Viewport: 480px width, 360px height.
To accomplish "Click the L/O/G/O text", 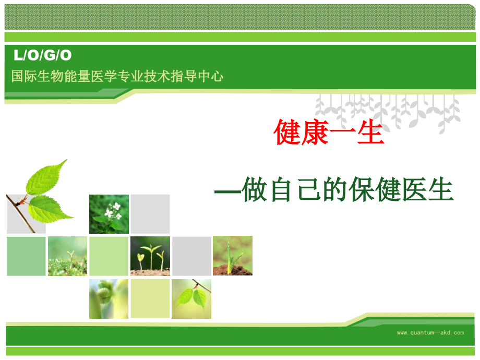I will pos(42,55).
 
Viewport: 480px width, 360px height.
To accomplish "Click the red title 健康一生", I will pos(329,132).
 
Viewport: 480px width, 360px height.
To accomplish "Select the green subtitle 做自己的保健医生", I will pos(334,190).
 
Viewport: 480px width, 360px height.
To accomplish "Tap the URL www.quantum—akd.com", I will pos(430,332).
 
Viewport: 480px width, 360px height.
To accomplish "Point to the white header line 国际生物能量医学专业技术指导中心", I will pos(117,76).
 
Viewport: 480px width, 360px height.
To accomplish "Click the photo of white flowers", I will pos(109,214).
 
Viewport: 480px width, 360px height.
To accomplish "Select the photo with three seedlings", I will pos(150,256).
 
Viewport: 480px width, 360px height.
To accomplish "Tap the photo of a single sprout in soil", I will pos(233,256).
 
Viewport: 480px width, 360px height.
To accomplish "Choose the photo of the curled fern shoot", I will pos(109,298).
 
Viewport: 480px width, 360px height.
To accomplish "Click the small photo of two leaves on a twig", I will pos(191,298).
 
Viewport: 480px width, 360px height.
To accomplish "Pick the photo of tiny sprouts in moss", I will pos(67,256).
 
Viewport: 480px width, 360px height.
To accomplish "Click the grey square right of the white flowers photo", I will pos(150,214).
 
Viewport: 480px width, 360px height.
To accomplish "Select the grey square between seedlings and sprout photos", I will pos(191,256).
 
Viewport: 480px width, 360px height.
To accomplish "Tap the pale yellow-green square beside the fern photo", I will pos(150,298).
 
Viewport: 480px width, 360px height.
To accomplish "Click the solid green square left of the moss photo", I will pos(26,256).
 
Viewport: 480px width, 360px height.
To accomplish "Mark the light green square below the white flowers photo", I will pos(109,256).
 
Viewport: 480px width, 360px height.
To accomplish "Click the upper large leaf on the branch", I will pos(47,177).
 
